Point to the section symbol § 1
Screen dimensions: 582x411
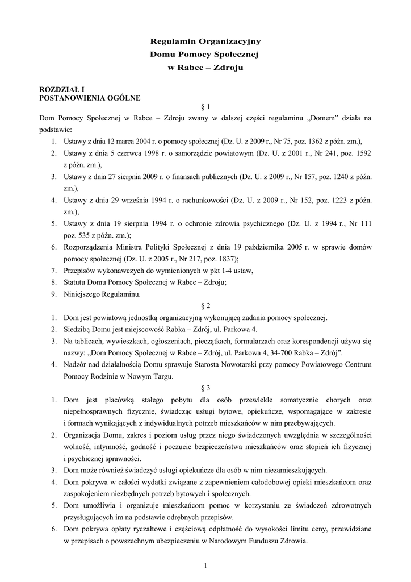[205, 106]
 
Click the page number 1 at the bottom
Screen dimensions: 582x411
[205, 565]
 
